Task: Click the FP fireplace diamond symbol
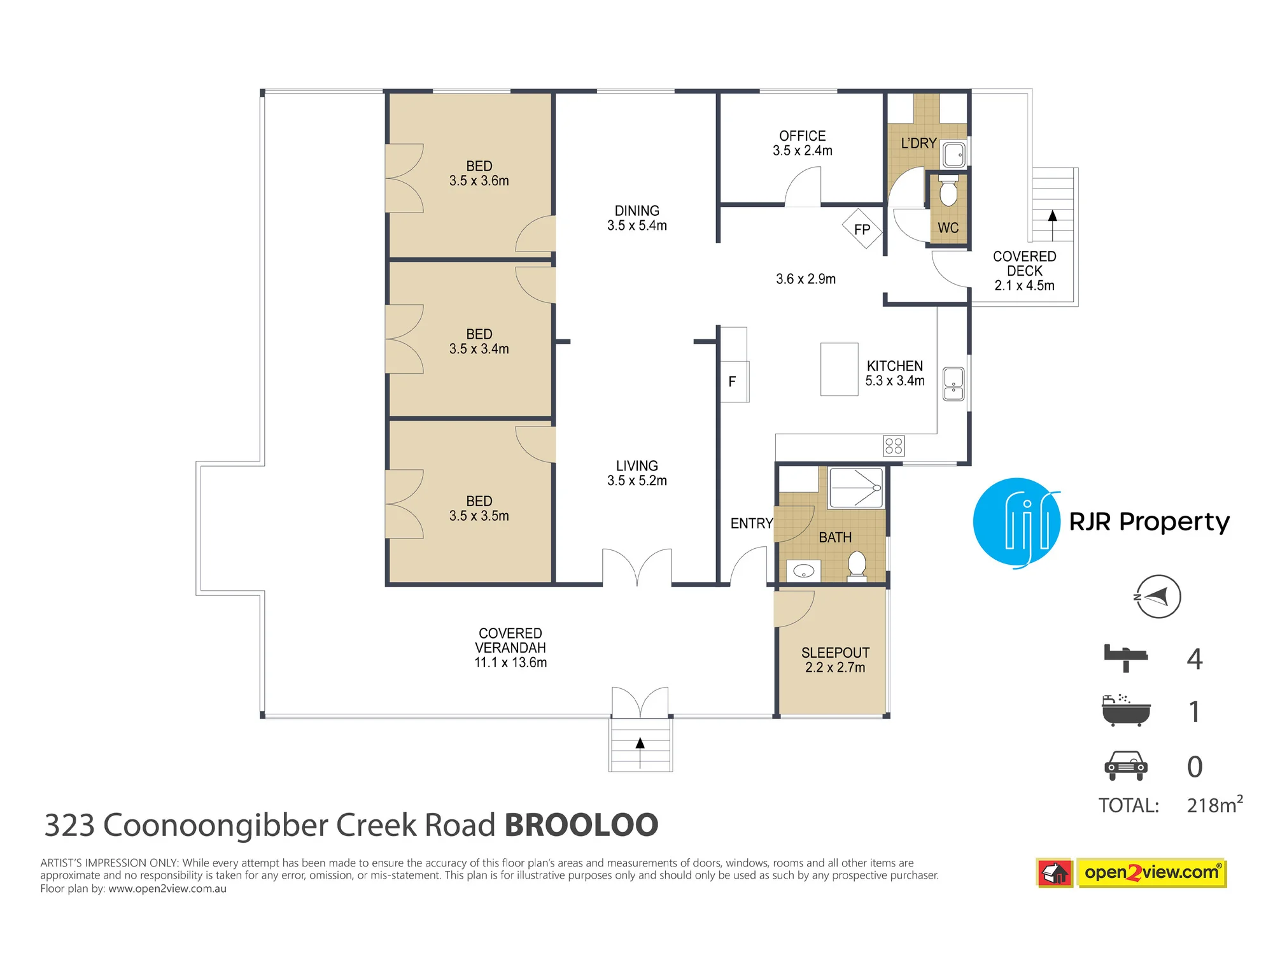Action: (x=862, y=229)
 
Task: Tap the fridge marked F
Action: (x=735, y=381)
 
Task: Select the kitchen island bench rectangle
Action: (x=840, y=369)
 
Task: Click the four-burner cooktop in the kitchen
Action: (x=894, y=446)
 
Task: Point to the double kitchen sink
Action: (x=953, y=384)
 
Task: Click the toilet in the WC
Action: (x=948, y=190)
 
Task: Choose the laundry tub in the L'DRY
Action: (x=954, y=155)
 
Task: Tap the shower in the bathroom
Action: (x=855, y=488)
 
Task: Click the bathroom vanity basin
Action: (x=804, y=571)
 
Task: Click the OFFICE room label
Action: (x=803, y=136)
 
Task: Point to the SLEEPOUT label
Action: (x=835, y=653)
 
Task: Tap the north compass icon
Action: (x=1158, y=597)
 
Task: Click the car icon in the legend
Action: (x=1125, y=766)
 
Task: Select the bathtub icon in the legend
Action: (x=1126, y=711)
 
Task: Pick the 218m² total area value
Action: (x=1214, y=804)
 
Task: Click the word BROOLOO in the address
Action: (x=581, y=825)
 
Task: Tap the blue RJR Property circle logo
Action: (x=1017, y=522)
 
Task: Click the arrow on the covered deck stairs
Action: (x=1053, y=225)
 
